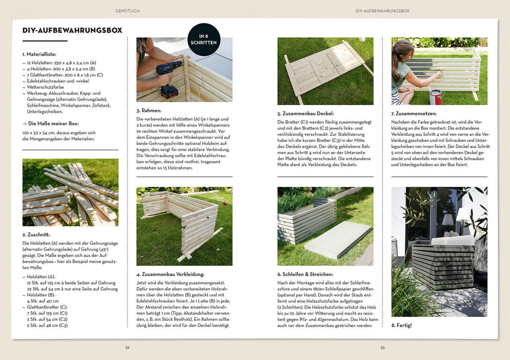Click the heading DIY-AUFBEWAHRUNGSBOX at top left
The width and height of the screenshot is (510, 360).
point(72,31)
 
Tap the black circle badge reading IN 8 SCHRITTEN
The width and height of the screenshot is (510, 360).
point(204,39)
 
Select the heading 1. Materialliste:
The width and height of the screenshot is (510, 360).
point(39,54)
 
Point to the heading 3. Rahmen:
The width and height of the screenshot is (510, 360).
point(149,110)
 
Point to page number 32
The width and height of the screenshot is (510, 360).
point(127,348)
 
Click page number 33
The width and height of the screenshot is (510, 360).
point(382,348)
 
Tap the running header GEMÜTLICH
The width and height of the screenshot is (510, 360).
point(127,10)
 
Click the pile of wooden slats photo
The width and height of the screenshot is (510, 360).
point(70,192)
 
